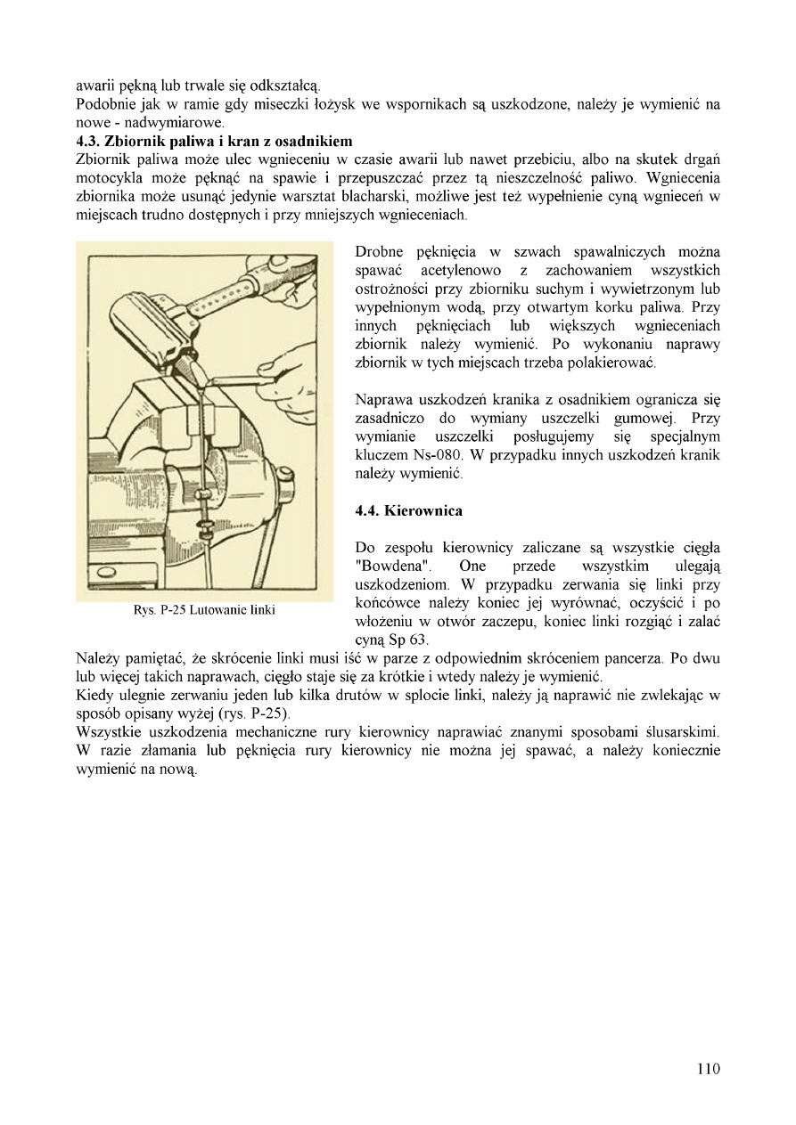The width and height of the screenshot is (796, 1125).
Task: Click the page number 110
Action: (709, 1069)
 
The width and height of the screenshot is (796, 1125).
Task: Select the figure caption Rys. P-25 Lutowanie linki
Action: (204, 610)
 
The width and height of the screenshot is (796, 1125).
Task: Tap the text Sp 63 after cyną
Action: (410, 640)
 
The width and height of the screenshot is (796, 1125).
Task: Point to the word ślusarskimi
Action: (682, 732)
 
